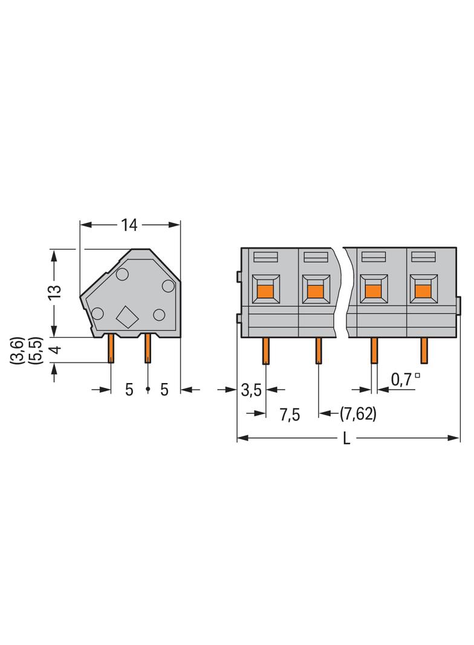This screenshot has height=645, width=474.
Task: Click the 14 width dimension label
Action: click(x=129, y=225)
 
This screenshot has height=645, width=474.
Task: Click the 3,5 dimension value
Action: click(x=251, y=390)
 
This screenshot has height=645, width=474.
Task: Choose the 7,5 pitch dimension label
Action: click(x=290, y=415)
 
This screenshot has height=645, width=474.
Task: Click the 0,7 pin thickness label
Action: click(x=401, y=379)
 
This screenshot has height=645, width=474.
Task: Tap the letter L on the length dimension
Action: click(x=346, y=439)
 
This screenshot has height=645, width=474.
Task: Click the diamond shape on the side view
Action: click(x=128, y=316)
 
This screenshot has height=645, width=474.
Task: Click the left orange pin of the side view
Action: click(x=111, y=349)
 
